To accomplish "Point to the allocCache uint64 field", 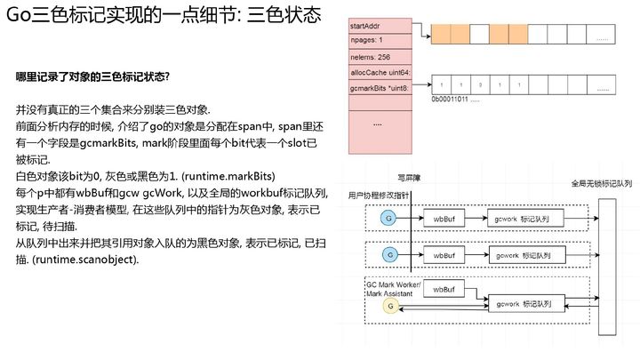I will click(380, 72).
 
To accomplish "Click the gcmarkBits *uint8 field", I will click(380, 88).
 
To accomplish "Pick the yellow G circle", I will click(388, 307).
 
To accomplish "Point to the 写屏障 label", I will click(407, 176).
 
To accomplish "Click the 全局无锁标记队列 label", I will click(601, 184).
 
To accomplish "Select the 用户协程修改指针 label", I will click(380, 193).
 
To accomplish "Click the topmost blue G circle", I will click(388, 217).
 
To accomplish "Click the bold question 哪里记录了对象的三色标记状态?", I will click(92, 76).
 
